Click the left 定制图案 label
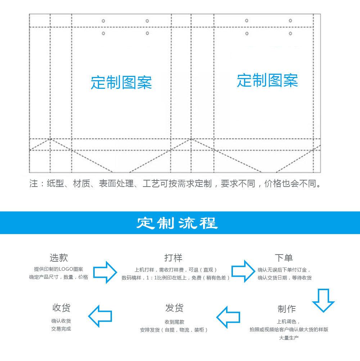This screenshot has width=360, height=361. click(121, 82)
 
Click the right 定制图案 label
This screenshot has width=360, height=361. click(267, 80)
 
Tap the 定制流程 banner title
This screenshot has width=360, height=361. click(177, 223)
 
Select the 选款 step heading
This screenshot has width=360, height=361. click(58, 257)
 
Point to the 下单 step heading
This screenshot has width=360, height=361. click(284, 257)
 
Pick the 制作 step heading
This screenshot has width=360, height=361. click(287, 309)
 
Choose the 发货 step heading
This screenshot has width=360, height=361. click(174, 308)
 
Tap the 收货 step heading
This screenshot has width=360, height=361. click(61, 308)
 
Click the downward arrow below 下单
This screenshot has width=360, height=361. click(323, 299)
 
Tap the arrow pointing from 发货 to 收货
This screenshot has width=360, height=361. click(100, 316)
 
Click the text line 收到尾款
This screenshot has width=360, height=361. click(174, 322)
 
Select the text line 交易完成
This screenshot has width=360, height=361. click(61, 329)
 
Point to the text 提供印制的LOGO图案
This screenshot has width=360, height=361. click(58, 269)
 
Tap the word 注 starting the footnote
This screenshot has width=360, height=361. click(33, 184)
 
